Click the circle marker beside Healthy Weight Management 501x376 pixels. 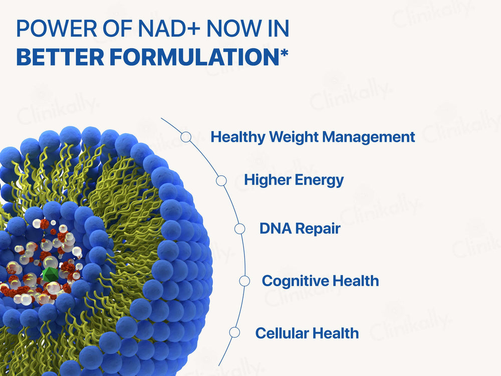click(186, 137)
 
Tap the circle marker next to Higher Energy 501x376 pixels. click(220, 180)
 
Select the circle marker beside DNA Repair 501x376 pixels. click(240, 229)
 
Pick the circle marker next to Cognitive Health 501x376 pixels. click(244, 281)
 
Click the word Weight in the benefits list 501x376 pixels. click(289, 137)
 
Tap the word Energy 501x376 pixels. click(320, 180)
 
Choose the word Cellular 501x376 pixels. click(280, 333)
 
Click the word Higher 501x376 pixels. click(267, 180)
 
